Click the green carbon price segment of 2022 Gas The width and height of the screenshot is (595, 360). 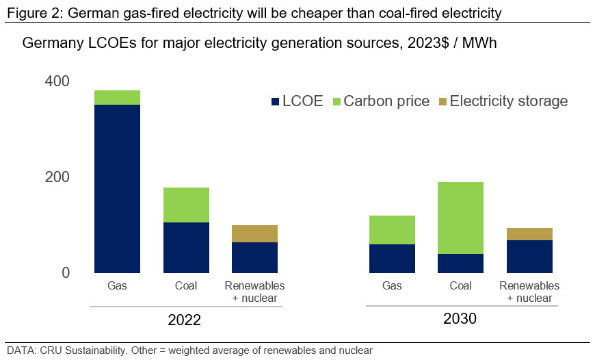(x=117, y=97)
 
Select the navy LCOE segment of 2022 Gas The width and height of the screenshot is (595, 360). (x=117, y=189)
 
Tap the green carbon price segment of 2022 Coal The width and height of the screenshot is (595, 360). (x=186, y=205)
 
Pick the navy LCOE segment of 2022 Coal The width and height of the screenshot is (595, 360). (x=186, y=248)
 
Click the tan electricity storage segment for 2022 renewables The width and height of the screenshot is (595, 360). (x=254, y=233)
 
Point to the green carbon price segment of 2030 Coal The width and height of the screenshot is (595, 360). (x=460, y=218)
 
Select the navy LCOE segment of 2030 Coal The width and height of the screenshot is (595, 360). (x=460, y=263)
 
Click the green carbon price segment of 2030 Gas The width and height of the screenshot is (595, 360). (x=392, y=230)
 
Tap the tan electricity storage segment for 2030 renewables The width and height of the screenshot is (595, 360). (x=529, y=234)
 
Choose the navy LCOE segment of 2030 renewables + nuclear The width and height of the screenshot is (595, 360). (x=529, y=257)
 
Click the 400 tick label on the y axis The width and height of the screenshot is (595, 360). (x=58, y=81)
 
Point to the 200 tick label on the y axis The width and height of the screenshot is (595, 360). (x=58, y=177)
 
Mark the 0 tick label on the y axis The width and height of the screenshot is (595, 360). (x=66, y=273)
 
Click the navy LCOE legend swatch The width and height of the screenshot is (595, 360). (x=276, y=102)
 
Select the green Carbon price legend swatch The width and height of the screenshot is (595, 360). (x=335, y=102)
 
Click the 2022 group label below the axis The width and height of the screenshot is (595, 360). (x=185, y=320)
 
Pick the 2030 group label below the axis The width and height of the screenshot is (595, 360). (x=460, y=319)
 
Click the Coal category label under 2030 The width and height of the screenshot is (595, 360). (x=460, y=285)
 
